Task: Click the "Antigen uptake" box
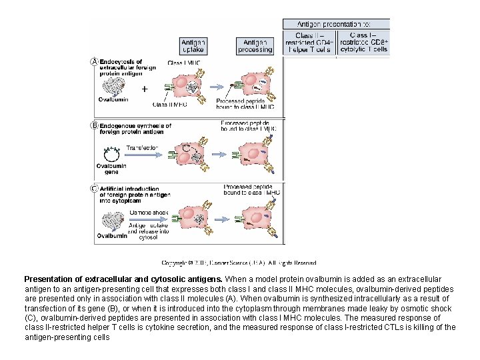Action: click(x=193, y=45)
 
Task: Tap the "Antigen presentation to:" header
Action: click(x=336, y=23)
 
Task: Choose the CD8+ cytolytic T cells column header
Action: click(x=363, y=42)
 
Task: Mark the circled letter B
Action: click(x=94, y=125)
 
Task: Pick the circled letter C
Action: click(x=94, y=188)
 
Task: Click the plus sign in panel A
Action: click(x=145, y=88)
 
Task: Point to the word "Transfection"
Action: click(x=141, y=147)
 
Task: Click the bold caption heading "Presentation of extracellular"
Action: click(x=123, y=279)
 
